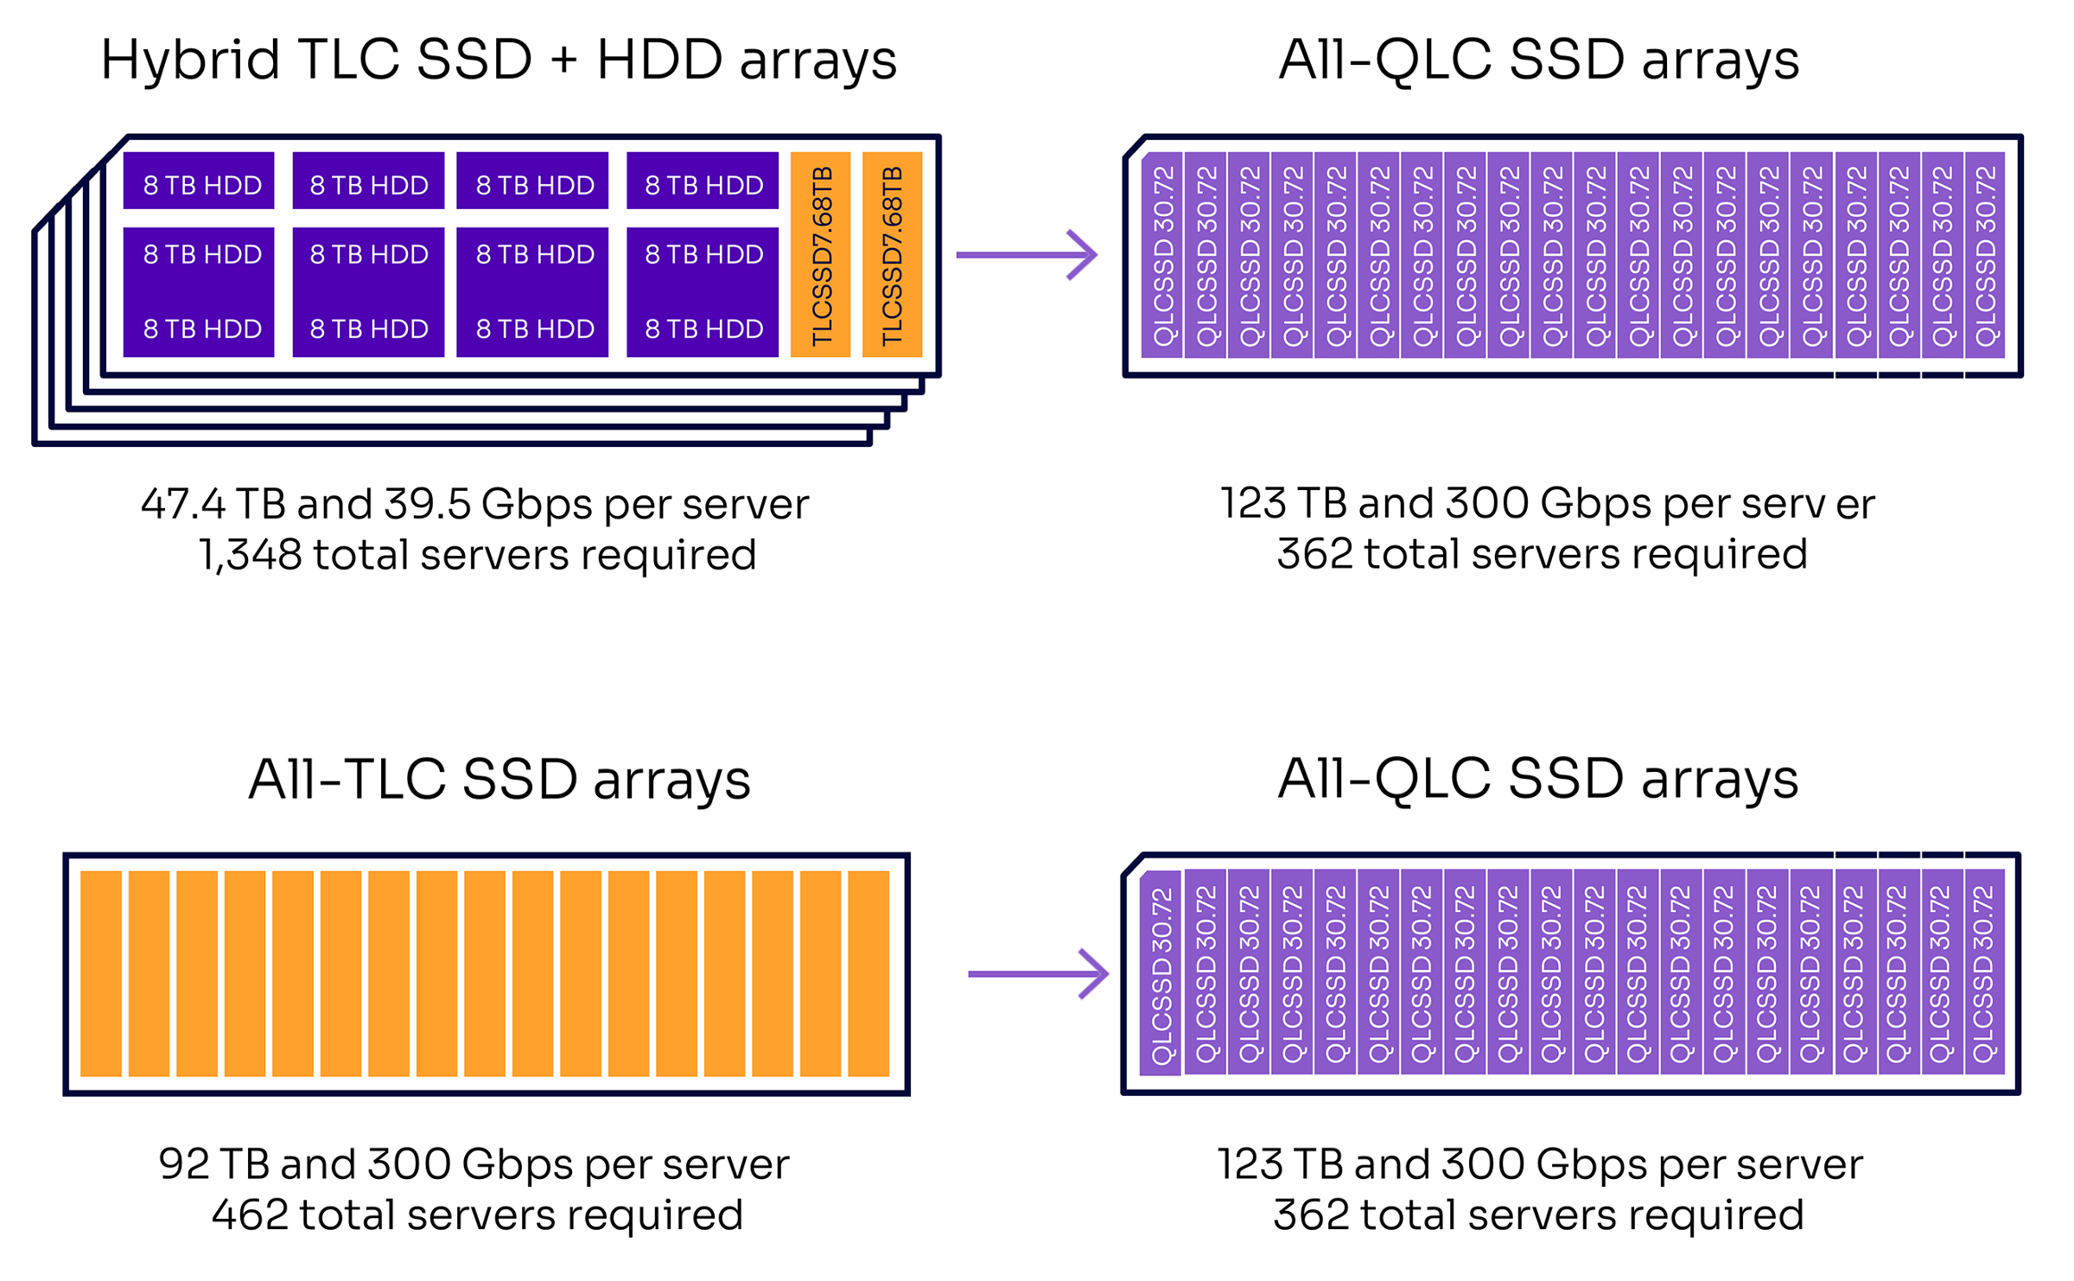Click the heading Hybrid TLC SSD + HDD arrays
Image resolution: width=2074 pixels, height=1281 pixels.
point(499,61)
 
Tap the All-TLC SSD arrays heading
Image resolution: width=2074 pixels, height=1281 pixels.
point(499,780)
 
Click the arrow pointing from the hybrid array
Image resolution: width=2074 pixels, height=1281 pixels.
point(1026,255)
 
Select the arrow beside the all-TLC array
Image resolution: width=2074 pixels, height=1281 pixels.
point(1038,974)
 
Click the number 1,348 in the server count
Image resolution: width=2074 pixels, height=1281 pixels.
point(250,555)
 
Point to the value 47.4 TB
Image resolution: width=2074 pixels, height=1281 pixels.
point(213,505)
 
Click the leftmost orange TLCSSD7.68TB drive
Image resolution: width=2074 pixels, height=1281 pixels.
point(821,255)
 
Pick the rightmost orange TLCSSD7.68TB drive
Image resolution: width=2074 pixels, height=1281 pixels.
point(892,255)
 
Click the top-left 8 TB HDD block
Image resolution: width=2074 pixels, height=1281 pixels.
point(199,182)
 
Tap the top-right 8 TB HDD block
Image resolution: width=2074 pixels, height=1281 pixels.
point(703,182)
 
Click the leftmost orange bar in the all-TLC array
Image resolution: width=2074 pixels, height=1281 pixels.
point(101,974)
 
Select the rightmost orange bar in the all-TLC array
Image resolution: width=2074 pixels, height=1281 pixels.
point(868,974)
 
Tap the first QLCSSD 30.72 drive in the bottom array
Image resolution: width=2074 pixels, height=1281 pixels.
point(1161,974)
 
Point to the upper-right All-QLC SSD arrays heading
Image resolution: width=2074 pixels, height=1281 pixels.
point(1538,61)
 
